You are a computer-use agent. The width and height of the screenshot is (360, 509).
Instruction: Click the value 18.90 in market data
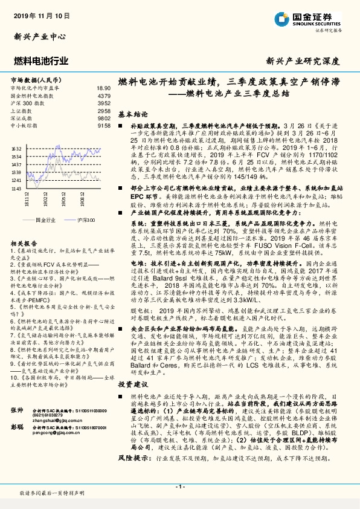[x=104, y=88]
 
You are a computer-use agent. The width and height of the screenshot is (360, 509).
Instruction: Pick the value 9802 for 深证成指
[x=104, y=118]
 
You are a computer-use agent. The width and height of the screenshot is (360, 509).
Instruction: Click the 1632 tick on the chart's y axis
[x=17, y=148]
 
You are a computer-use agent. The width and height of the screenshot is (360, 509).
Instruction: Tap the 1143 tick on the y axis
[x=17, y=189]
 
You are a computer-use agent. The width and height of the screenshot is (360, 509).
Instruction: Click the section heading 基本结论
[x=133, y=114]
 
